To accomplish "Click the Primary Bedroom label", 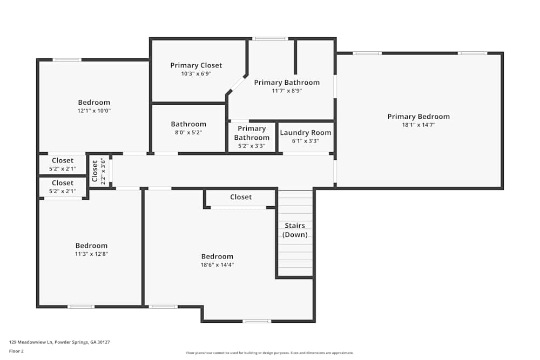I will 418,117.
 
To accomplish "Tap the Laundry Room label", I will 306,133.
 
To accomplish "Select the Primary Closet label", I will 196,65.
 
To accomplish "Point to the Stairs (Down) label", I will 295,230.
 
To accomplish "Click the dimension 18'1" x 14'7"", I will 418,125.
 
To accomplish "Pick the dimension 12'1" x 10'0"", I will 94,111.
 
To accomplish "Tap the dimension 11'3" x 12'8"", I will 91,254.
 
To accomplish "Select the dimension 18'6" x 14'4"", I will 217,264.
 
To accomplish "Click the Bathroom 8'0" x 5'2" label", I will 188,124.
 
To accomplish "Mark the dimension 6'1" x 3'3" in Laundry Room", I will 306,141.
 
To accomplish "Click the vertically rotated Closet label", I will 95,171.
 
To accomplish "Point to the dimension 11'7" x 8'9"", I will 287,91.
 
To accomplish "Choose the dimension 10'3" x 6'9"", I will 196,73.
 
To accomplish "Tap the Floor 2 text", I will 16,351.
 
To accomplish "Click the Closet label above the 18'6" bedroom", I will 241,197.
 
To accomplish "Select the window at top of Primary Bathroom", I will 270,38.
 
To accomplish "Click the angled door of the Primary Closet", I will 237,84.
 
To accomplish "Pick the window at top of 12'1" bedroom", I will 67,59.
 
